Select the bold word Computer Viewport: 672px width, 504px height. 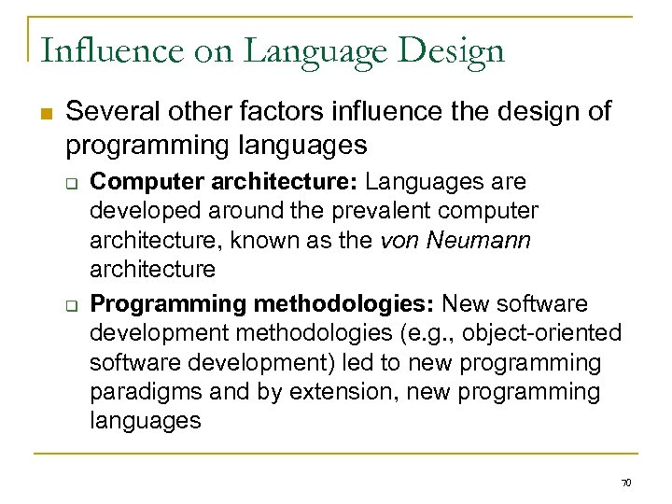136,181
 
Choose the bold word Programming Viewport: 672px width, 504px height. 156,302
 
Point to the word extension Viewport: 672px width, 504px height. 329,391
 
